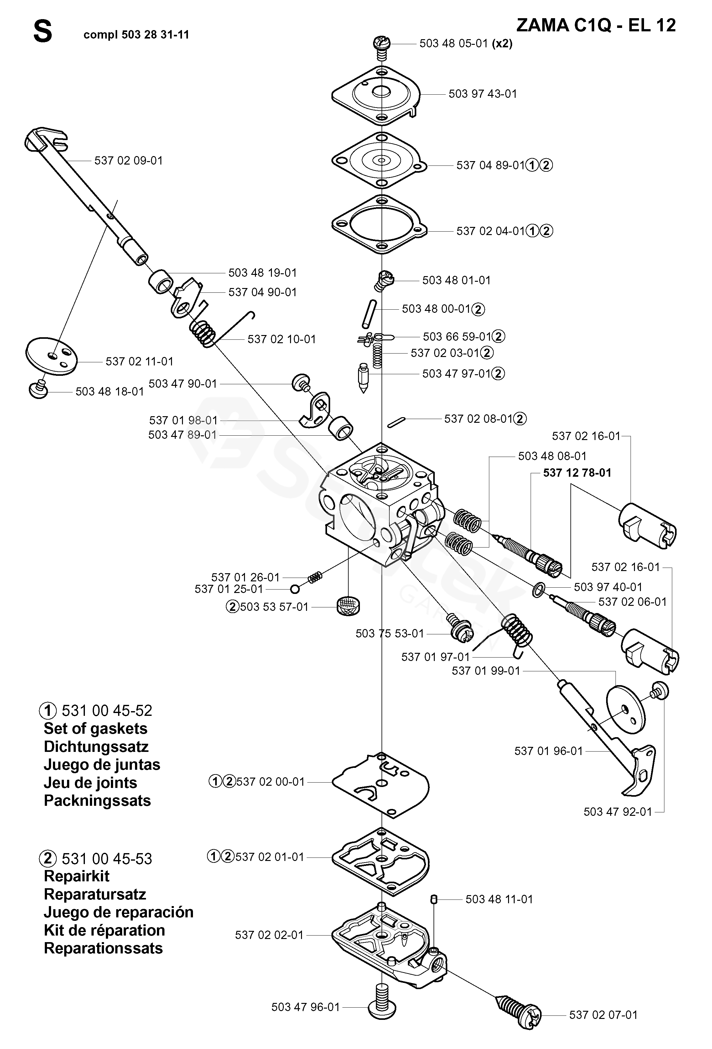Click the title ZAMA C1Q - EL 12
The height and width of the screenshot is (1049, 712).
pos(596,25)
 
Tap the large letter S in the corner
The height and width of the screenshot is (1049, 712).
pos(43,33)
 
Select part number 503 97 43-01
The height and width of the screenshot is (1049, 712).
pos(482,94)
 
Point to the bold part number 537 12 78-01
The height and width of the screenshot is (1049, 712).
pos(577,473)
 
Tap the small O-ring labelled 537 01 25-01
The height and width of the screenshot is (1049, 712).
pos(295,589)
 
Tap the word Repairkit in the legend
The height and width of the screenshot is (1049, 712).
pos(77,876)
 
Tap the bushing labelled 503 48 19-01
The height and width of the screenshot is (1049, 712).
pos(161,282)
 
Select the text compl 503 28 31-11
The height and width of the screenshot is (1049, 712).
pos(136,35)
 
